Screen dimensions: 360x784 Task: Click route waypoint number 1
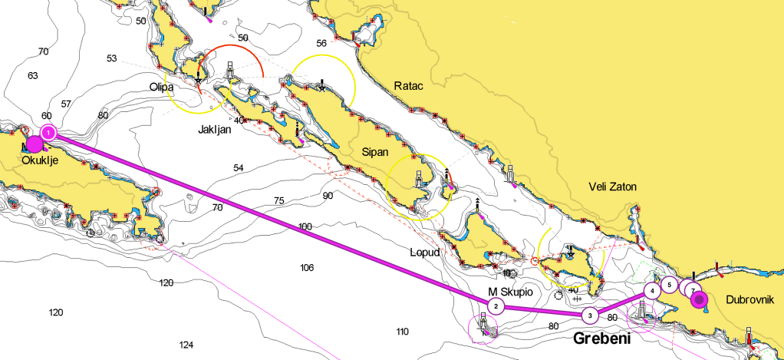(48, 133)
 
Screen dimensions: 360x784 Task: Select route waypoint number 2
(496, 307)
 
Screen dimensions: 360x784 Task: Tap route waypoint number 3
(589, 315)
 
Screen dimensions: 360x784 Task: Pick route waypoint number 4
(651, 291)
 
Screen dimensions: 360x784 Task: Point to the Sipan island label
(376, 152)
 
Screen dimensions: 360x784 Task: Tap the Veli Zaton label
(612, 187)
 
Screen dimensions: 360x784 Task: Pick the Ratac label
(409, 85)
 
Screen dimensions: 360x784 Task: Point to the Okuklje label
(41, 160)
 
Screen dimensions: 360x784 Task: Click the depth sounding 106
(307, 267)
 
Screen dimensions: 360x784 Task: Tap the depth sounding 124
(186, 345)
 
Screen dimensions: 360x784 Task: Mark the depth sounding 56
(321, 43)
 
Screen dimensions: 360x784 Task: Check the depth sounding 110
(402, 332)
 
